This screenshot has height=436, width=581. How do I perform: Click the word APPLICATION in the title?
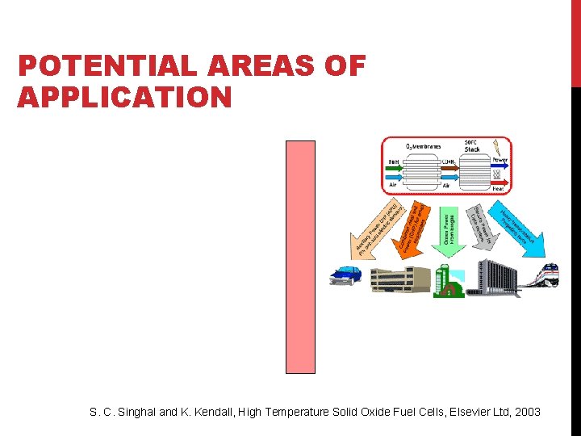tap(124, 98)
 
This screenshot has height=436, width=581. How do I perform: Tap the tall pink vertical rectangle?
tap(300, 257)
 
